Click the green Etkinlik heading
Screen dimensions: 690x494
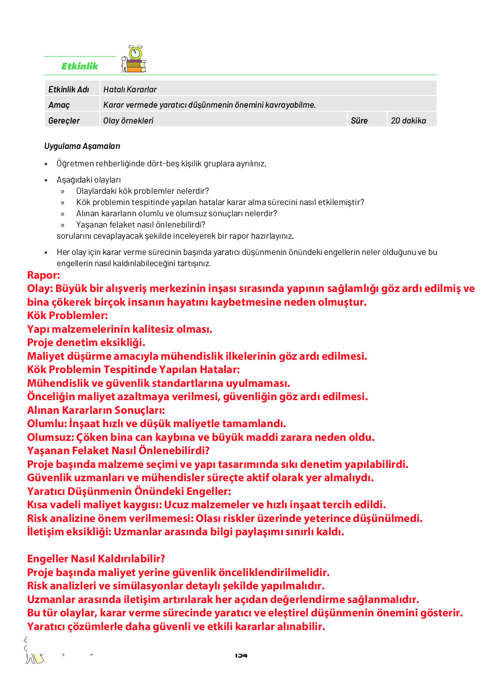(79, 66)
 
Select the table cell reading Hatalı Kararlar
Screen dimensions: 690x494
(130, 89)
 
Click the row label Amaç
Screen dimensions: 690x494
(59, 105)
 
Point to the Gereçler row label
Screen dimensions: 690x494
(64, 121)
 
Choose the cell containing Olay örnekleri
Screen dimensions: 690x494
(128, 121)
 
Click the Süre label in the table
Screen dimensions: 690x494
(359, 121)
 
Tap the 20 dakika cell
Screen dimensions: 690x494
(408, 121)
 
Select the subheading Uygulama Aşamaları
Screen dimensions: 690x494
(82, 146)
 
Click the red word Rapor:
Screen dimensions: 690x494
(44, 275)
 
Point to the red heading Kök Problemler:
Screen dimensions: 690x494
(67, 315)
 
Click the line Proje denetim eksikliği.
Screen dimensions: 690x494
(86, 342)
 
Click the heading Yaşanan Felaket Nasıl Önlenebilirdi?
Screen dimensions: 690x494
(118, 450)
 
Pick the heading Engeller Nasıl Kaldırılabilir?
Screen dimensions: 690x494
(96, 559)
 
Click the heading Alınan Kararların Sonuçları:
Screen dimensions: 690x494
(96, 410)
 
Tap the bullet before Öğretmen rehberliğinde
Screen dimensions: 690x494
(46, 164)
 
